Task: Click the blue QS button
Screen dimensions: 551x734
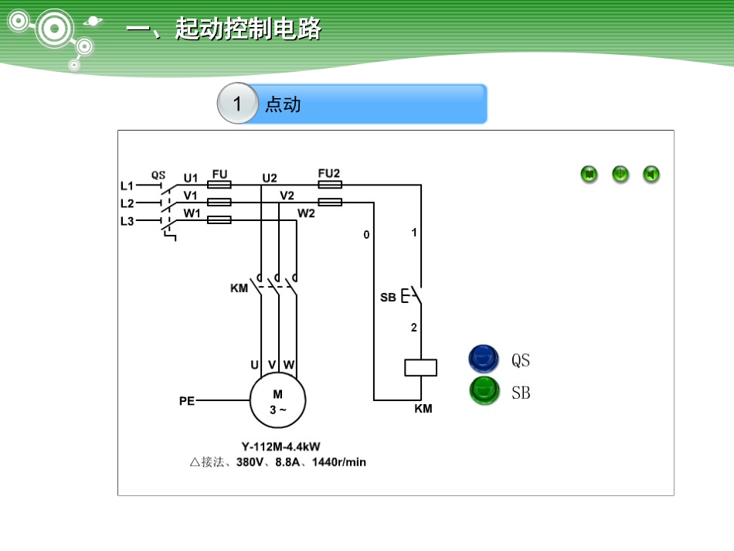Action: coord(484,359)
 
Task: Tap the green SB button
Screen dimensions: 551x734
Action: coord(484,391)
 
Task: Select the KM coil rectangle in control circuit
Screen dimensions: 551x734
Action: coord(421,367)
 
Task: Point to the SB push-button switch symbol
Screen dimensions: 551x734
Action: coord(412,296)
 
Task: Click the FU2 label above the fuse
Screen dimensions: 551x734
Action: coord(329,173)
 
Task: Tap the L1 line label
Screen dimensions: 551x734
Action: coord(127,185)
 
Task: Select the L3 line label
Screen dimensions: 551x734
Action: coord(127,221)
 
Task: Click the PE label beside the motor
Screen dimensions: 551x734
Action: coord(186,401)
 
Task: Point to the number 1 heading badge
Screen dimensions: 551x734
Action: coord(237,104)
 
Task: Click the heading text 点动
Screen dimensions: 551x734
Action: coord(283,104)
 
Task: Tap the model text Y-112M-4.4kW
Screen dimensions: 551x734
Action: coord(280,447)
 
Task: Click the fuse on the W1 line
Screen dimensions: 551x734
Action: coord(219,220)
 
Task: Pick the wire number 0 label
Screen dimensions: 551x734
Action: coord(366,234)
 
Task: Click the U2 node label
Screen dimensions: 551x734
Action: coord(270,178)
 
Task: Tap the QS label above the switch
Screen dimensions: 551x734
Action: coord(158,175)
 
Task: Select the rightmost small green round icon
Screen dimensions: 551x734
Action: coord(651,175)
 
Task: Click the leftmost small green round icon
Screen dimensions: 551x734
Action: coord(590,175)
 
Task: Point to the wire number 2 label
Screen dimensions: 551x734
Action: coord(413,328)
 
